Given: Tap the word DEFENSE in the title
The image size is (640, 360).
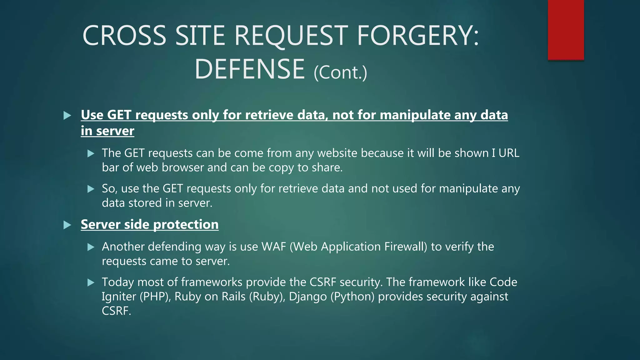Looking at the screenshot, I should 250,69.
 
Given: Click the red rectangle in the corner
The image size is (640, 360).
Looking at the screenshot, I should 566,30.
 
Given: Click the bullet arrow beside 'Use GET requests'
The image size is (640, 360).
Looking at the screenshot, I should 67,116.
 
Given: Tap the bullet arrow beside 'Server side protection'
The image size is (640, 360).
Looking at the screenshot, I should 67,225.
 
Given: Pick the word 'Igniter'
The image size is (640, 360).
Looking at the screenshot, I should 119,297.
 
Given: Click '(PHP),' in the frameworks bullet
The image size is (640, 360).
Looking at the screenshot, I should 155,297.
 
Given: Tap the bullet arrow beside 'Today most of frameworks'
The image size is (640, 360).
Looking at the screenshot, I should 91,283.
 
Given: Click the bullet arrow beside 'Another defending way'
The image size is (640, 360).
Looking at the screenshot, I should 91,247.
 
